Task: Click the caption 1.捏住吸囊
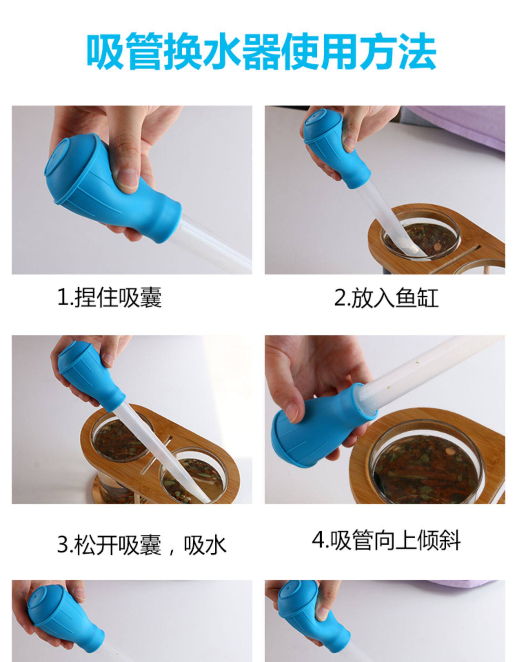pos(109,297)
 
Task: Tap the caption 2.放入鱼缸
pos(386,297)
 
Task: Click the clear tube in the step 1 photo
pos(215,241)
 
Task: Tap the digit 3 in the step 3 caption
pos(62,545)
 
